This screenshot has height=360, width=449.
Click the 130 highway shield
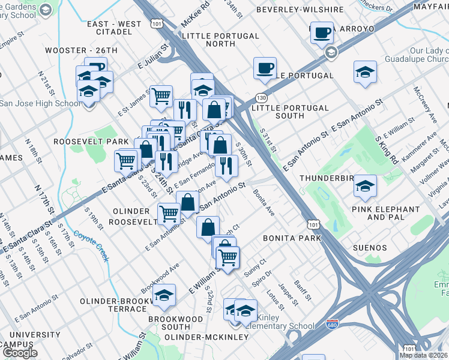tap(261, 97)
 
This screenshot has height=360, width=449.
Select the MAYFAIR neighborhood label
tap(430, 7)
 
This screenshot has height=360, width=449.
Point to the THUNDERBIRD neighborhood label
tap(325, 179)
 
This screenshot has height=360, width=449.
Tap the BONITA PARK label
tap(292, 238)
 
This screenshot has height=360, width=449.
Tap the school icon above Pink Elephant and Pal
tap(365, 185)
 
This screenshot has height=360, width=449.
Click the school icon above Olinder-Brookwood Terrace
tap(163, 295)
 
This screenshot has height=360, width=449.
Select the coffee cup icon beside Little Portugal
tap(264, 68)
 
